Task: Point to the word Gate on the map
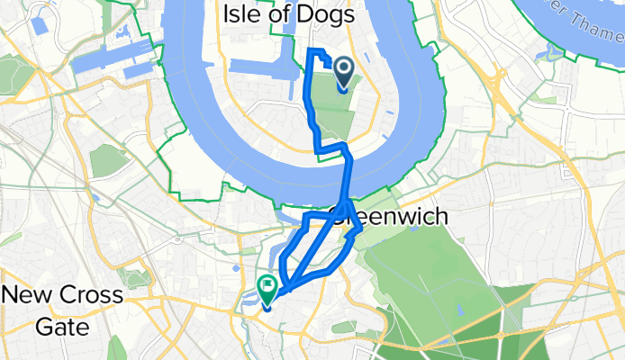pyautogui.click(x=62, y=326)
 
